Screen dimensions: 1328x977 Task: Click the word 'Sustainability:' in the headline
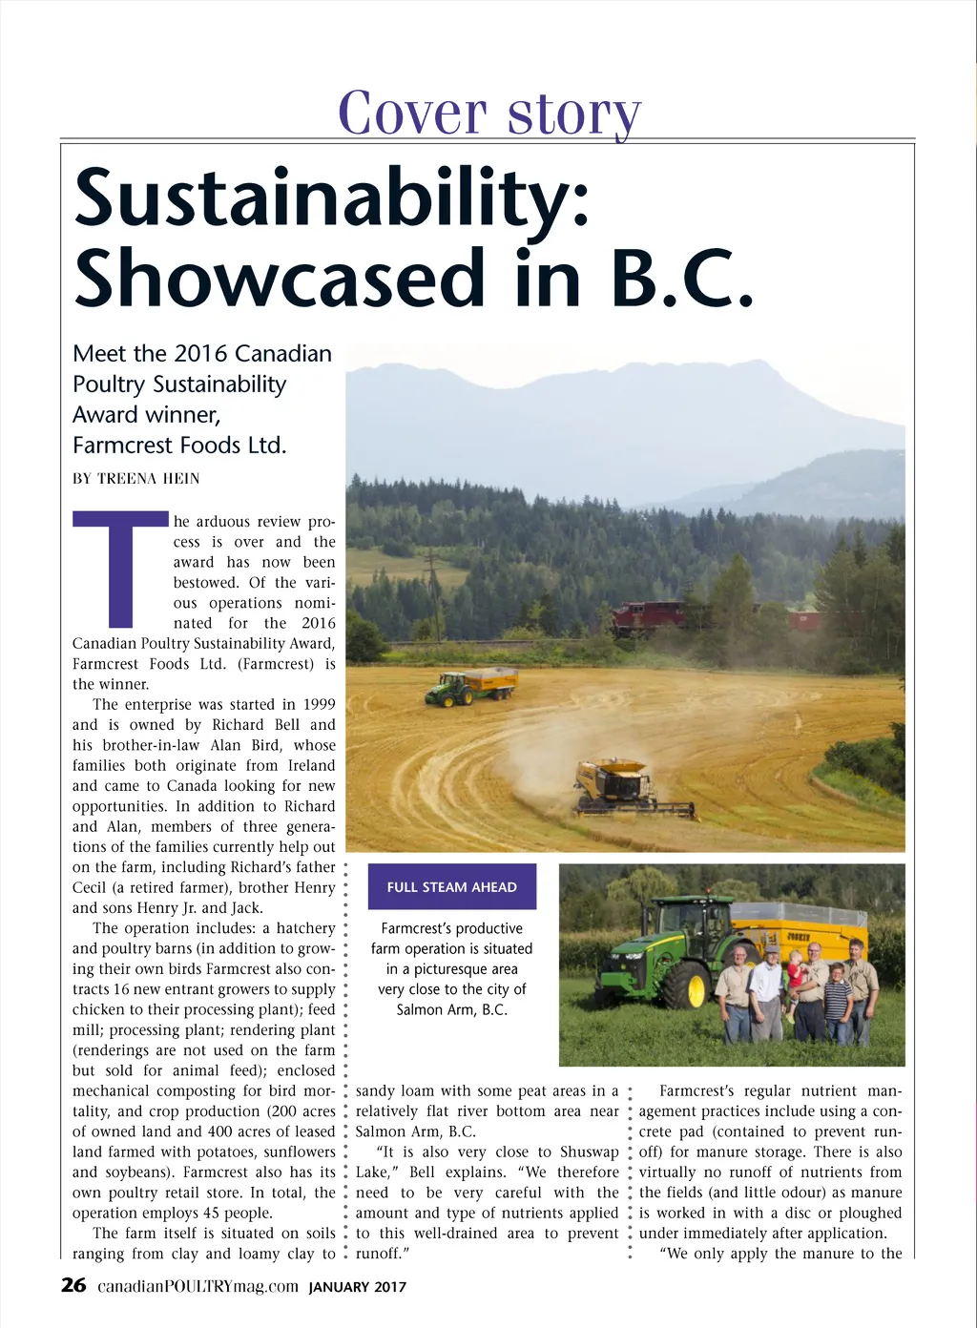(x=331, y=198)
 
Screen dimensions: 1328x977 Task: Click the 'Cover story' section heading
(x=488, y=113)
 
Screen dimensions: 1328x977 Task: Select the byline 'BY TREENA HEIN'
(x=136, y=478)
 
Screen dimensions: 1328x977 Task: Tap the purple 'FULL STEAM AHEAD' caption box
(x=451, y=886)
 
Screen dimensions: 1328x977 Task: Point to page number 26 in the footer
(x=73, y=1285)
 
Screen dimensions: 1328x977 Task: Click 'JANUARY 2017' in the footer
(x=358, y=1287)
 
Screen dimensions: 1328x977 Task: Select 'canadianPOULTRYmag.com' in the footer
(x=198, y=1286)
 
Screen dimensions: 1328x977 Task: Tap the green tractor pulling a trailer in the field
(x=449, y=689)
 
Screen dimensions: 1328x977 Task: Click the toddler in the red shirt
(x=795, y=982)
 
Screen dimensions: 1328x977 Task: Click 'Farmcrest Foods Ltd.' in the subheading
(x=179, y=445)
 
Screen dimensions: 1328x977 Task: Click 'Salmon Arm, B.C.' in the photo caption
(x=451, y=1009)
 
